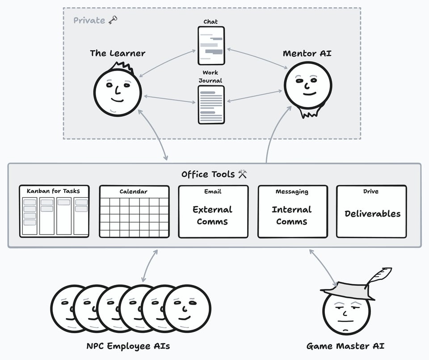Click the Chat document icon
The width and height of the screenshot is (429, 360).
[211, 46]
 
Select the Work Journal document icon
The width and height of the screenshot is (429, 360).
[211, 105]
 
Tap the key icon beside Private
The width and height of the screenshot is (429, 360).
[113, 20]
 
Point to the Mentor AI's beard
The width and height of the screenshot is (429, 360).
[309, 111]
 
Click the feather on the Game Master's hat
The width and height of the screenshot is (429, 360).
[379, 276]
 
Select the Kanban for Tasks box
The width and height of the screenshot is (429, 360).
[54, 211]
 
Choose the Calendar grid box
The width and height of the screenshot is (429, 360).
[134, 211]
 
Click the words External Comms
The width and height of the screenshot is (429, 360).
[212, 215]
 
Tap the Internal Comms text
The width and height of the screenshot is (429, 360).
[292, 215]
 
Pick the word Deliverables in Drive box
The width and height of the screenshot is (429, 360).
[372, 213]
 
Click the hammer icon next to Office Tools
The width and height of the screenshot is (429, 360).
[243, 174]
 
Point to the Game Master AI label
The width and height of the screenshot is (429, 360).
[345, 346]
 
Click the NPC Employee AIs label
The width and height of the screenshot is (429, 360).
[128, 346]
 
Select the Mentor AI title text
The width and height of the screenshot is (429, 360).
[307, 54]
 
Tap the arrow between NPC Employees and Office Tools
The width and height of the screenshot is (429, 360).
[150, 265]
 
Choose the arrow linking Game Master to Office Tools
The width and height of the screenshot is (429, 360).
[323, 267]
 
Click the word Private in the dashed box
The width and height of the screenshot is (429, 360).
[89, 20]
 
